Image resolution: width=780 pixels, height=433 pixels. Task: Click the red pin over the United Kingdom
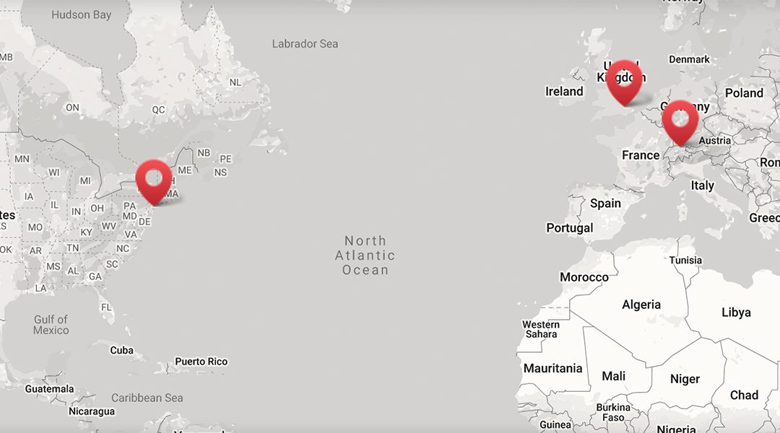pos(624,79)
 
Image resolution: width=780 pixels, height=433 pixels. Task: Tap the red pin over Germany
pos(680,120)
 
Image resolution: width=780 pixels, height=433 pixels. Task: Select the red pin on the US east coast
pos(154,179)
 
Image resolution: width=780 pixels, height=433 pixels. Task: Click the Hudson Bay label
pos(81,14)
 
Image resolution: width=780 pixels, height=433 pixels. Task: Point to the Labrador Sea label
pos(305,44)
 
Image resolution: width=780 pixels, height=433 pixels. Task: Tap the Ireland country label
pos(564,92)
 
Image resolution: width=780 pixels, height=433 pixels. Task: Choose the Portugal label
pos(569,228)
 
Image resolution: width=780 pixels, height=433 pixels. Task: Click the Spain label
pos(605,204)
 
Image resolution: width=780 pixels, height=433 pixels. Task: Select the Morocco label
pos(584,277)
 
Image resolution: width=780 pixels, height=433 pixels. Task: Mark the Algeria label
pos(641,305)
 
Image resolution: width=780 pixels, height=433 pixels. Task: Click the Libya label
pos(736,312)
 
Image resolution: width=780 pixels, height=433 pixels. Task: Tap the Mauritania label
pos(552,369)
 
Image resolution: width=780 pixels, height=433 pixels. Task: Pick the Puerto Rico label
pos(201,362)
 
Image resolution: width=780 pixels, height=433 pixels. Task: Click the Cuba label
pos(121,350)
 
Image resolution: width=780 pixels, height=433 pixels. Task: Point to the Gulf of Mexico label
pos(51,325)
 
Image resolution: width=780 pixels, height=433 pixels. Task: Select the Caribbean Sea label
pos(147,398)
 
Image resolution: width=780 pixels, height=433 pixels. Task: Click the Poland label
pos(744,93)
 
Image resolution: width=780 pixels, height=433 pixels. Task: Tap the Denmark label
pos(689,59)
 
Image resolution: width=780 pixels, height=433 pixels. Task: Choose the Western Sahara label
pos(541,330)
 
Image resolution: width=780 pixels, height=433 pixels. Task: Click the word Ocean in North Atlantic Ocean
pos(365,270)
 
